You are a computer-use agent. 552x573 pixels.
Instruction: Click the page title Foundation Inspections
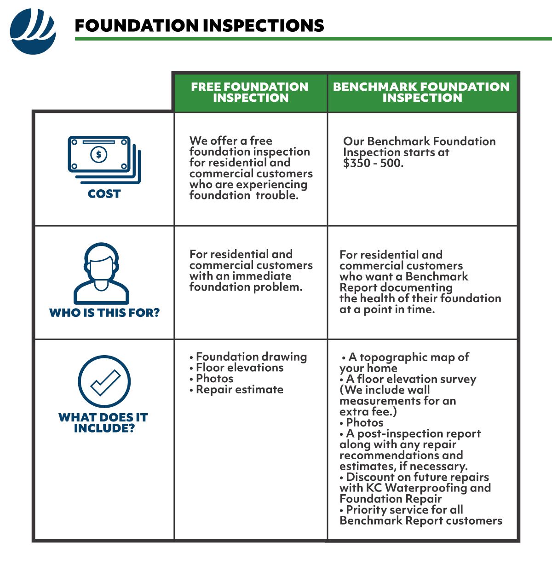199,26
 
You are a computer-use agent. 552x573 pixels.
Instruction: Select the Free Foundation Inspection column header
250,92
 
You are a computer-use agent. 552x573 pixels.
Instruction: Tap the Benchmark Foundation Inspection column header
421,92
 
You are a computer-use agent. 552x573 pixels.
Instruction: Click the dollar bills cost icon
104,159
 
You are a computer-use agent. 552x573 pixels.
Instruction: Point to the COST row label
104,194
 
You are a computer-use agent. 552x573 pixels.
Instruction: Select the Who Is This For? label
104,313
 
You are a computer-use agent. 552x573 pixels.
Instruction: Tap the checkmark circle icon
104,382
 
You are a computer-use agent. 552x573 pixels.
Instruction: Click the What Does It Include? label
103,423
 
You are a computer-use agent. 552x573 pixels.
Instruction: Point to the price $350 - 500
373,163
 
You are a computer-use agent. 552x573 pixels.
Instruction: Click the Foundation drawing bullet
251,357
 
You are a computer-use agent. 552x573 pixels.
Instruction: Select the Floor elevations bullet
239,368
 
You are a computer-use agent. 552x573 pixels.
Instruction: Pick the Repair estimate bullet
239,390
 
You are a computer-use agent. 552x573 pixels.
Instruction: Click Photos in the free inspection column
214,379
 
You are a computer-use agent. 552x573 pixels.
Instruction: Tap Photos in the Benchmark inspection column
364,422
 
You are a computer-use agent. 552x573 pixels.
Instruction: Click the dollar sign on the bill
98,154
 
